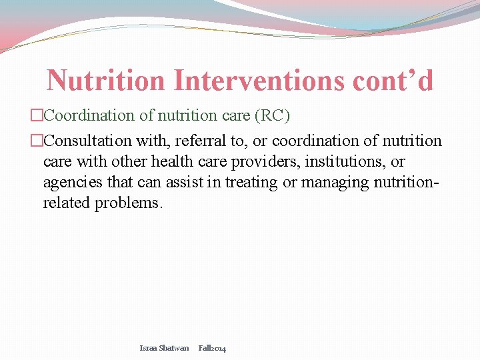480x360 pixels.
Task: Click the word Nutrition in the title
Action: coord(106,81)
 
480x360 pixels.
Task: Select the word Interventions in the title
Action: coord(259,81)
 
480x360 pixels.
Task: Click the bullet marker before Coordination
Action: coord(37,115)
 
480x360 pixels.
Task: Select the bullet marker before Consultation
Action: coord(37,141)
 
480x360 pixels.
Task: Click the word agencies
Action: coord(69,182)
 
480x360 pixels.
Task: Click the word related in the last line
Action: coord(67,203)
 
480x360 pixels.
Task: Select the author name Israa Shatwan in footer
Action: coord(164,348)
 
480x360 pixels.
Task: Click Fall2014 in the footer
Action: coord(212,348)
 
